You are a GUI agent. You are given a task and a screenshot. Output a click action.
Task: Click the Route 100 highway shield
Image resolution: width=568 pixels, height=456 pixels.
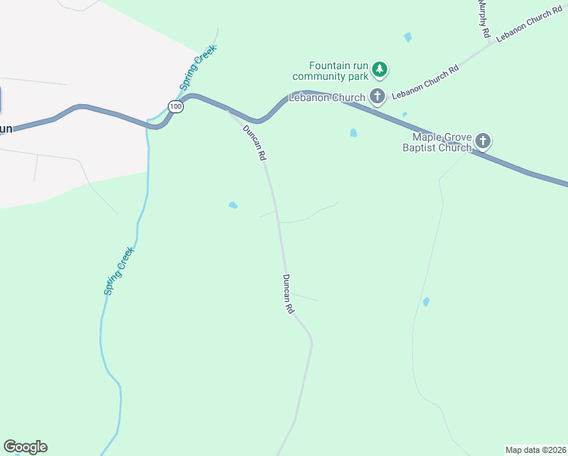point(176,107)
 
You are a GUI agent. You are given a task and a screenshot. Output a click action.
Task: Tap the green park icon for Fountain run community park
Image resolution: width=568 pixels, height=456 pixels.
point(380,71)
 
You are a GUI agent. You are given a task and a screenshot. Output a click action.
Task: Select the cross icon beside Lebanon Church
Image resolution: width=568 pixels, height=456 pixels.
point(377,96)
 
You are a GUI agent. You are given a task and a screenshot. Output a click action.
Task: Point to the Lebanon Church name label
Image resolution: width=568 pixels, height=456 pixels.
point(327,97)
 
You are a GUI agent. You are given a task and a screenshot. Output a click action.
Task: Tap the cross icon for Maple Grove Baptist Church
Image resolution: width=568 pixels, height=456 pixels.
point(483,141)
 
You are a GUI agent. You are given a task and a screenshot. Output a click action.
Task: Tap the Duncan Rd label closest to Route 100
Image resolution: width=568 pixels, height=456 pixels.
point(254,142)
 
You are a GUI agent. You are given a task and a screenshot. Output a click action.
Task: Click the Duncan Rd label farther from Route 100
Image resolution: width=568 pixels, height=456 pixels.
point(288,294)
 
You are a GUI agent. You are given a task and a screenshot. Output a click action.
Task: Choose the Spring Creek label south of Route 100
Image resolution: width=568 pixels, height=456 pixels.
point(119,271)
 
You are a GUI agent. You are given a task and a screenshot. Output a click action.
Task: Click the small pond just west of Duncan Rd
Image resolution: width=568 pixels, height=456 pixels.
point(233,205)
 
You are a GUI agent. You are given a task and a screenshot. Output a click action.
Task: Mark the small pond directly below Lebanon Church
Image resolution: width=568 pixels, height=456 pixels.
point(353,133)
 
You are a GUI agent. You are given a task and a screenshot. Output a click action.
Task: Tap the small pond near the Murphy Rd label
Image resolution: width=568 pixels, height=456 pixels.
point(408,37)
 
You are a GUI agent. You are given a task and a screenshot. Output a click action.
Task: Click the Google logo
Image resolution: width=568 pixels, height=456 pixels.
point(25,447)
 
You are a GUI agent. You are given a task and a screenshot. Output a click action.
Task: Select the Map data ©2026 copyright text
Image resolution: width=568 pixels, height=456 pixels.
point(536,450)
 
